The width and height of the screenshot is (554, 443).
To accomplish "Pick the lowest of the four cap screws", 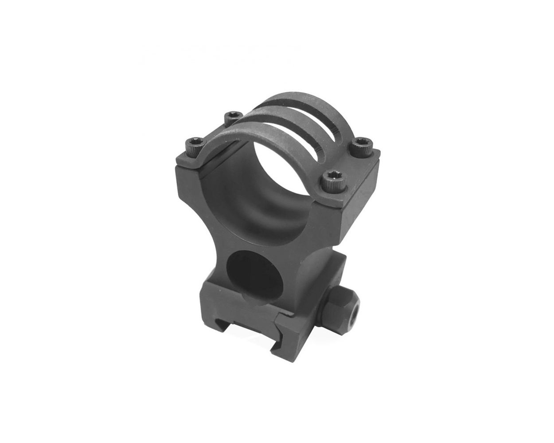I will [x=331, y=178].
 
